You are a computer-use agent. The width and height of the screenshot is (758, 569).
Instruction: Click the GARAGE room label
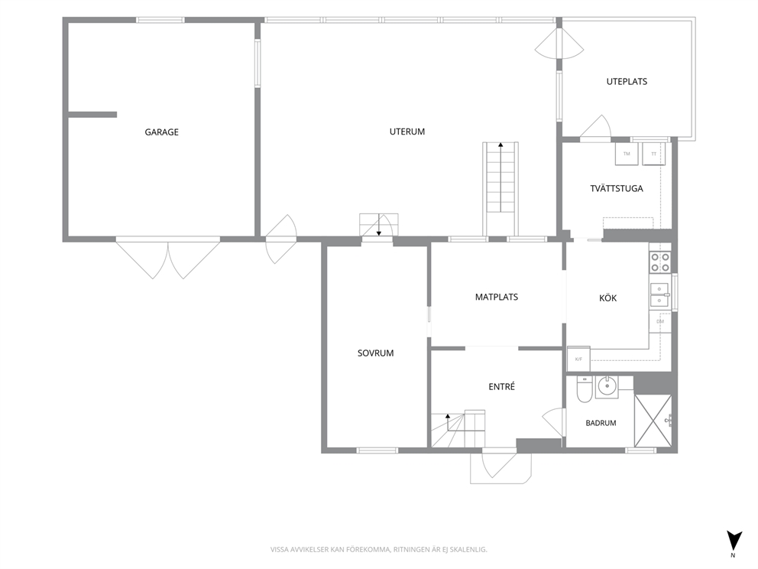click(161, 132)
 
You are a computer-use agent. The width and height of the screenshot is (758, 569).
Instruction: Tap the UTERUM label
click(407, 132)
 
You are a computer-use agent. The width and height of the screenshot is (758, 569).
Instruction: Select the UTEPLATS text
click(627, 82)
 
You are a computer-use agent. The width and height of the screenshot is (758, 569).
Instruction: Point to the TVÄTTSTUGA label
click(617, 188)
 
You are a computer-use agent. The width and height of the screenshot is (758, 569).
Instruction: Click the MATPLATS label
click(497, 297)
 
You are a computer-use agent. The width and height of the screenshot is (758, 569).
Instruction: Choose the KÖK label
click(607, 298)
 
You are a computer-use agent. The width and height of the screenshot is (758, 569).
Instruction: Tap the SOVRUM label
click(376, 353)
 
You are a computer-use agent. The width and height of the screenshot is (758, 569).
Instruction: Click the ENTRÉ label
click(501, 386)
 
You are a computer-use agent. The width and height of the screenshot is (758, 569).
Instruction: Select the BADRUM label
click(601, 423)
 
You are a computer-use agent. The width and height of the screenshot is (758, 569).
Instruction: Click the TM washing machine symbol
click(627, 154)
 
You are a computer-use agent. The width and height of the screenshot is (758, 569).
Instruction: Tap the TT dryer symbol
click(653, 154)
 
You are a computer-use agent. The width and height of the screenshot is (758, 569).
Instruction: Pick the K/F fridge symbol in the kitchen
click(578, 359)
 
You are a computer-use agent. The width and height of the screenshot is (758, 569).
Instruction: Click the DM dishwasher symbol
click(660, 321)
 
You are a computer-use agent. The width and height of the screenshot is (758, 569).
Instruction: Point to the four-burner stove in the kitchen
click(660, 262)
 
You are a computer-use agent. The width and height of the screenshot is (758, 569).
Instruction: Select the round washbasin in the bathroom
click(606, 386)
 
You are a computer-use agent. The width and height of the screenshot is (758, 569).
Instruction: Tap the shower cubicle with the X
click(653, 420)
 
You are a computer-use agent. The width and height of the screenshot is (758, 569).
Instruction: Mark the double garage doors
click(168, 258)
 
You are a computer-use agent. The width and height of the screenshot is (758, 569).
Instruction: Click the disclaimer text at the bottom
click(378, 550)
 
